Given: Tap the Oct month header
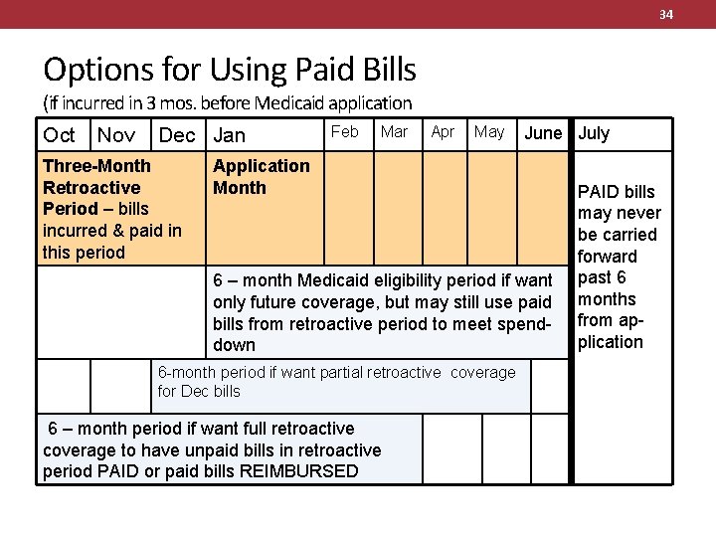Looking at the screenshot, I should (59, 135).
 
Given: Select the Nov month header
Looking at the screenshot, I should (116, 135).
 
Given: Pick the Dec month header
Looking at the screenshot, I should (177, 135).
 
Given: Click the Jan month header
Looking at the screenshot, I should (229, 135).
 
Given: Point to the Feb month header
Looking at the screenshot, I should (344, 131).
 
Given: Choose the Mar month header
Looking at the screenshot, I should (394, 131).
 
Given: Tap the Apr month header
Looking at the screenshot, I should (443, 131).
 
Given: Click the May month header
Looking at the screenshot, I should (489, 131).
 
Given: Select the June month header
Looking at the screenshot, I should (543, 133).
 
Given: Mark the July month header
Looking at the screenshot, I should (594, 133).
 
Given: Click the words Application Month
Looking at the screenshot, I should (261, 176).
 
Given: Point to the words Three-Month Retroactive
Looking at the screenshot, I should (96, 176).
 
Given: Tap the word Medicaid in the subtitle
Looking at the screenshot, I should (291, 102).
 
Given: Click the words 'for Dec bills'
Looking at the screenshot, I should (199, 391).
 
